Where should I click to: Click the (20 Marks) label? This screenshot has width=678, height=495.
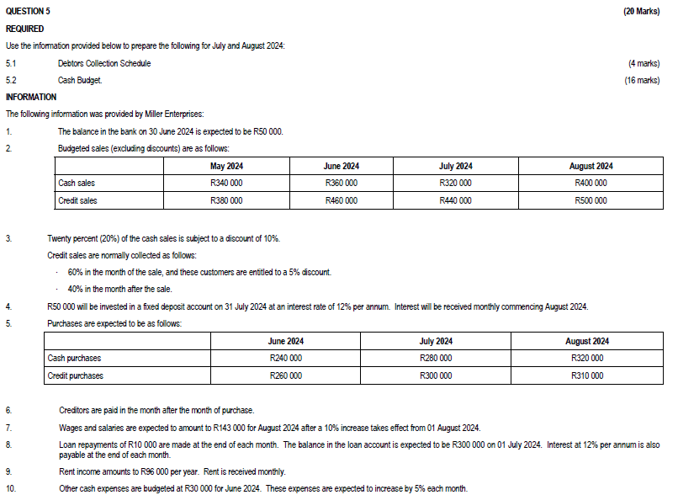tap(641, 11)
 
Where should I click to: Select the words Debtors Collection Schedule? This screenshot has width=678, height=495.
tap(104, 63)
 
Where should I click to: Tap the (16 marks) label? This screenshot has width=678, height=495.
tap(642, 80)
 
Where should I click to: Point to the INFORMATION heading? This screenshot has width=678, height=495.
tap(31, 97)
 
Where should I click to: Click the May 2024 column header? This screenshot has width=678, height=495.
tap(226, 167)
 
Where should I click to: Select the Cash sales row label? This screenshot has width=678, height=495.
tap(77, 184)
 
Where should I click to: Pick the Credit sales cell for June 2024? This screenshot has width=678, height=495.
tap(341, 200)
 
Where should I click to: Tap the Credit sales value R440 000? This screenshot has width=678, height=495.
tap(455, 200)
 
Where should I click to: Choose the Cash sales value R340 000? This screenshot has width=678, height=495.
tap(226, 184)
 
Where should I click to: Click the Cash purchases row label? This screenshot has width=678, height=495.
tap(74, 359)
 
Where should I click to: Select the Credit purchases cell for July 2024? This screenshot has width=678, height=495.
tap(436, 375)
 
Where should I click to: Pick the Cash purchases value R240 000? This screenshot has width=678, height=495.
tap(285, 359)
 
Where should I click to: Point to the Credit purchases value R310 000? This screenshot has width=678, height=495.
tap(586, 375)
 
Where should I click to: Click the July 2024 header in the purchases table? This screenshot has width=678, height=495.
tap(436, 341)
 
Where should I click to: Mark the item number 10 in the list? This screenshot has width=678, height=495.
tap(10, 488)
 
